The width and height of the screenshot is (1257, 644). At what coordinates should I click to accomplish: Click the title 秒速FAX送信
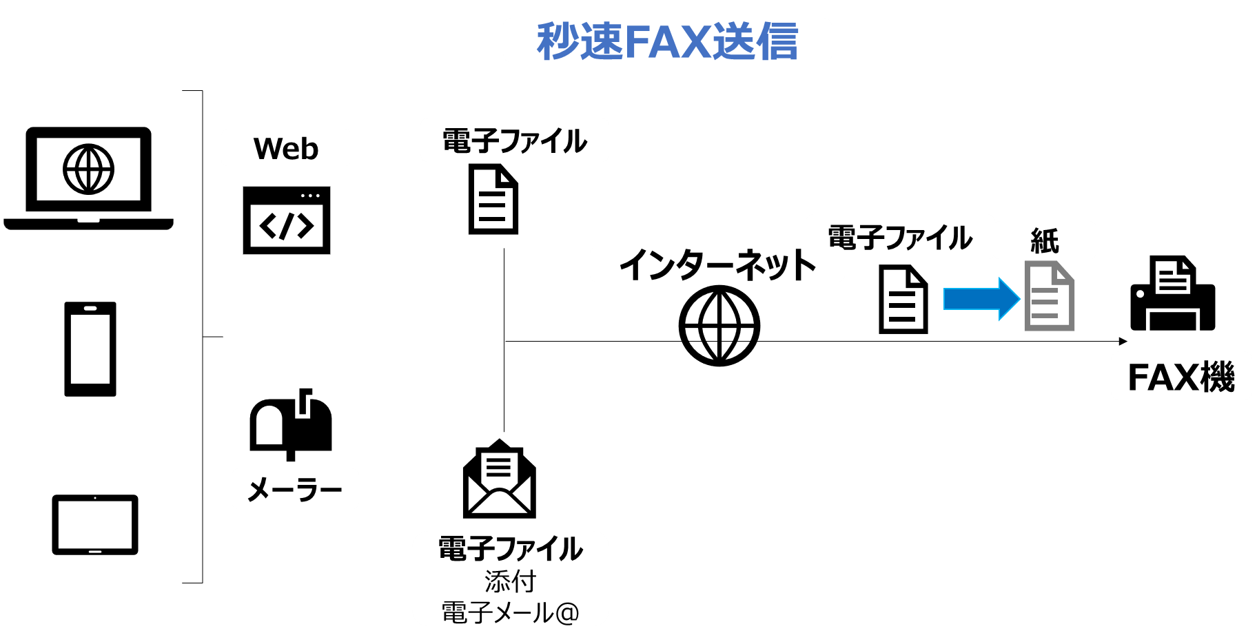667,41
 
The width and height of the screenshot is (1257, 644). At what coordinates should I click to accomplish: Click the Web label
286,149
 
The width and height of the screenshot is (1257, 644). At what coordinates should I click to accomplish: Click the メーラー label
295,490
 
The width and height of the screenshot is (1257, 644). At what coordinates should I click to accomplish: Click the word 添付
510,581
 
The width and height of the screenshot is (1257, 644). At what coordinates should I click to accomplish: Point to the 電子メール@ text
510,612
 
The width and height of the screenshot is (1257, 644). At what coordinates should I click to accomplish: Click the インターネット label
717,264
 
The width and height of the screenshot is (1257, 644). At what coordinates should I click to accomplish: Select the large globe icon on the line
719,326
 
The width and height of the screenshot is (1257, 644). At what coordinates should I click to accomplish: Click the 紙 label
1045,241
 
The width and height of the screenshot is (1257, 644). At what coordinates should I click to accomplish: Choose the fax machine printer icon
1173,293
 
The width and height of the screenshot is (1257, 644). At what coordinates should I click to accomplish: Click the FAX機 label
1181,377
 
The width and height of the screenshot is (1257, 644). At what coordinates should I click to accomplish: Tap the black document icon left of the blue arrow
903,299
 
